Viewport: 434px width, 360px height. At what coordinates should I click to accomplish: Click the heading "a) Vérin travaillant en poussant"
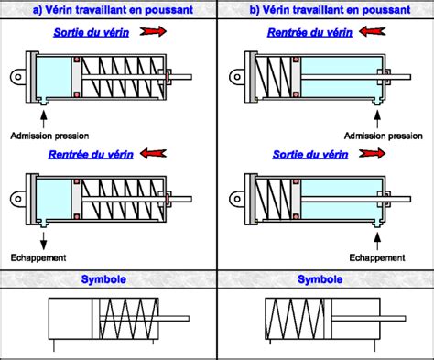tap(109, 10)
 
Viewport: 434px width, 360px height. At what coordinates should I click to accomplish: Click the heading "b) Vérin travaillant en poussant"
tap(325, 10)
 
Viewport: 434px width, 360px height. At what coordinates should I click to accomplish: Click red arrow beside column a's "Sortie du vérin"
tap(156, 32)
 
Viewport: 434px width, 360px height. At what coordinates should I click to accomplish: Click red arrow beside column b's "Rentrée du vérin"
tap(372, 32)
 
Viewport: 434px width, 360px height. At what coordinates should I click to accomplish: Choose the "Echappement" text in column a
tap(38, 257)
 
